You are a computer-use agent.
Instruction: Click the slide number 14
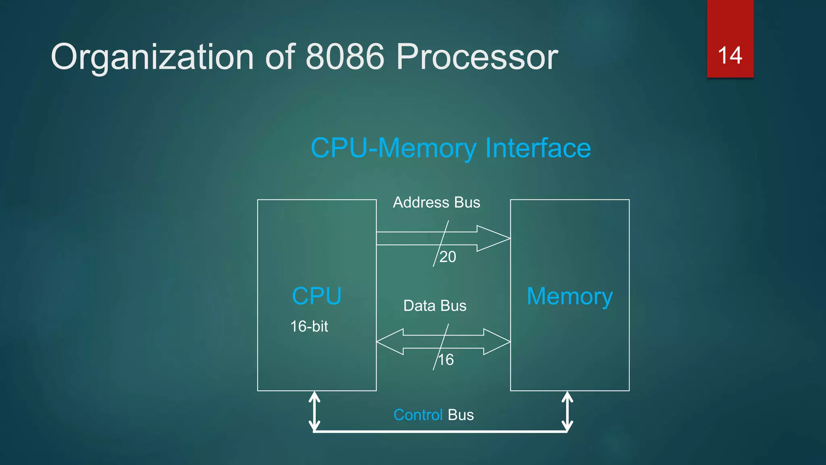[x=730, y=55]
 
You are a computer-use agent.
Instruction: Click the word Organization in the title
[x=152, y=57]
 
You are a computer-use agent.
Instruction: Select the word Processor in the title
[x=477, y=57]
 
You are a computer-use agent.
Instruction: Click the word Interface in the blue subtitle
[x=538, y=148]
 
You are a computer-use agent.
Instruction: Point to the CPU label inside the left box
[x=317, y=296]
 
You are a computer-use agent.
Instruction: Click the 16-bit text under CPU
[x=309, y=326]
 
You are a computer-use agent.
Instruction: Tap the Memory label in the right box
[x=569, y=297]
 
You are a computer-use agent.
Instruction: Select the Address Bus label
[x=436, y=202]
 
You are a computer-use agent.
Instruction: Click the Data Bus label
[x=435, y=306]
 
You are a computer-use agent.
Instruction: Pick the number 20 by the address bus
[x=448, y=257]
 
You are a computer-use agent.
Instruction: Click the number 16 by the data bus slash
[x=446, y=360]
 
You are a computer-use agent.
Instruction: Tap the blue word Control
[x=418, y=415]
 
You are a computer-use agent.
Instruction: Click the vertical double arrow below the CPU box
[x=315, y=411]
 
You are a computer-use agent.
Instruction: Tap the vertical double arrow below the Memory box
[x=567, y=411]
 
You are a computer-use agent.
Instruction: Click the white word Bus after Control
[x=461, y=415]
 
